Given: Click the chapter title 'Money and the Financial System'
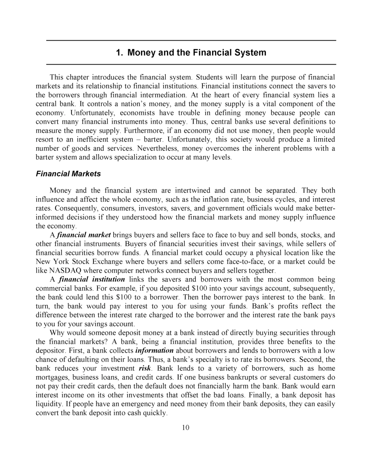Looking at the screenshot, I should pyautogui.click(x=191, y=53).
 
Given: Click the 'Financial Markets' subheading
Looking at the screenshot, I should pyautogui.click(x=68, y=174).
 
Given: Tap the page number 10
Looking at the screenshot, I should pyautogui.click(x=185, y=427).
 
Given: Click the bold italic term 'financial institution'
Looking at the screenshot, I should pyautogui.click(x=92, y=279).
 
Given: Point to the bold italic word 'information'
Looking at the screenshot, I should pyautogui.click(x=154, y=351).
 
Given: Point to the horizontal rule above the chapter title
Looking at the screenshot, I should pyautogui.click(x=191, y=40).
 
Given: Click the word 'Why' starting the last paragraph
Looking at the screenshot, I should pyautogui.click(x=57, y=333).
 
